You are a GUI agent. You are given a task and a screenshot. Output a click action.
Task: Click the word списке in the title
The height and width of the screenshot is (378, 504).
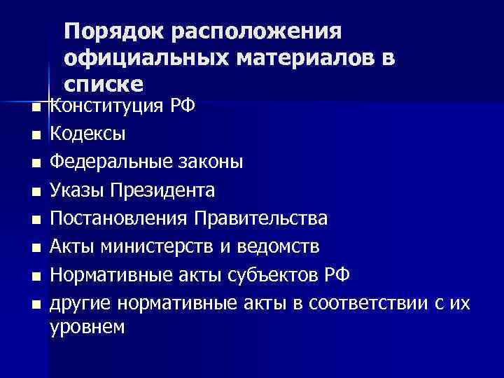tap(103, 85)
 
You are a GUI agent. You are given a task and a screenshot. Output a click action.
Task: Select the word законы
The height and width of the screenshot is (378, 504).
tap(211, 162)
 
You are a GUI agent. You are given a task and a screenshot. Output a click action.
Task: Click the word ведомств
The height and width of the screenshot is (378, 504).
tap(286, 246)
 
